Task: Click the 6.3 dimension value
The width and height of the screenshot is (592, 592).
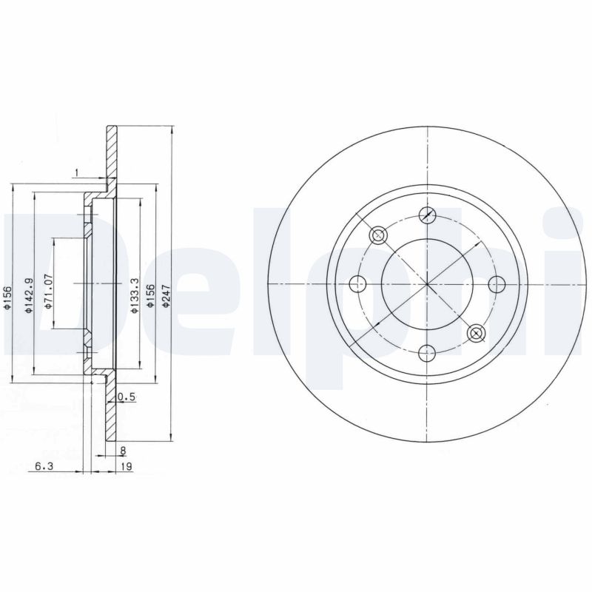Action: (44, 467)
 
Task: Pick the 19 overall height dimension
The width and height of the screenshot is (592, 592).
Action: (127, 467)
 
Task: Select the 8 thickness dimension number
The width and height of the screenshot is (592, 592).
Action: (122, 450)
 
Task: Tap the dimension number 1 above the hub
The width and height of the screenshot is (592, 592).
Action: (76, 173)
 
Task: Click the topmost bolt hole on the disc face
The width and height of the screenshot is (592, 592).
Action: (427, 215)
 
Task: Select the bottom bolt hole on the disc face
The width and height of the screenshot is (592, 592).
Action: (427, 352)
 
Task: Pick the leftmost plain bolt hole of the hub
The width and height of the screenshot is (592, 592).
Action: (358, 283)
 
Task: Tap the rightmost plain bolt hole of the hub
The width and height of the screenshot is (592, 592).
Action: (496, 283)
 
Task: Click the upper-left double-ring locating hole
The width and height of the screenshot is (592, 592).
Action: (378, 235)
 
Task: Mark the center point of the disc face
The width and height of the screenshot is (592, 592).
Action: (427, 283)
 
